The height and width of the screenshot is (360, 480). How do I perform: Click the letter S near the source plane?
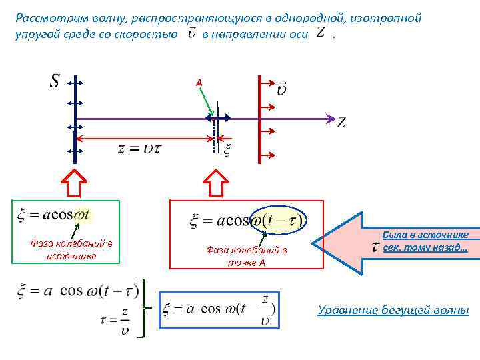click(55, 81)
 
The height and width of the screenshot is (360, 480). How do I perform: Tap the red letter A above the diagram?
click(199, 82)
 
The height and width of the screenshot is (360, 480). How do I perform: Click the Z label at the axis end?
click(341, 123)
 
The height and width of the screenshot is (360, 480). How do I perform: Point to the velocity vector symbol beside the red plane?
click(281, 87)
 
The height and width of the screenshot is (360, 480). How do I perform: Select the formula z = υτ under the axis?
click(139, 149)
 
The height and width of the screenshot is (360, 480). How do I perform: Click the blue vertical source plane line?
click(75, 133)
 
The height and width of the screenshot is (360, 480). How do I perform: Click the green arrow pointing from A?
click(207, 100)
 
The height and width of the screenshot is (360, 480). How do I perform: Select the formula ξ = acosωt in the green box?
click(53, 215)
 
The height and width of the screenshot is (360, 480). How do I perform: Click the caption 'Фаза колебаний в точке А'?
click(247, 256)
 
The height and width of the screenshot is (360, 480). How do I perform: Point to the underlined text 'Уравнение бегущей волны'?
click(393, 310)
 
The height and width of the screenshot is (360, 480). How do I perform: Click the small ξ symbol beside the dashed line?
click(227, 151)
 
